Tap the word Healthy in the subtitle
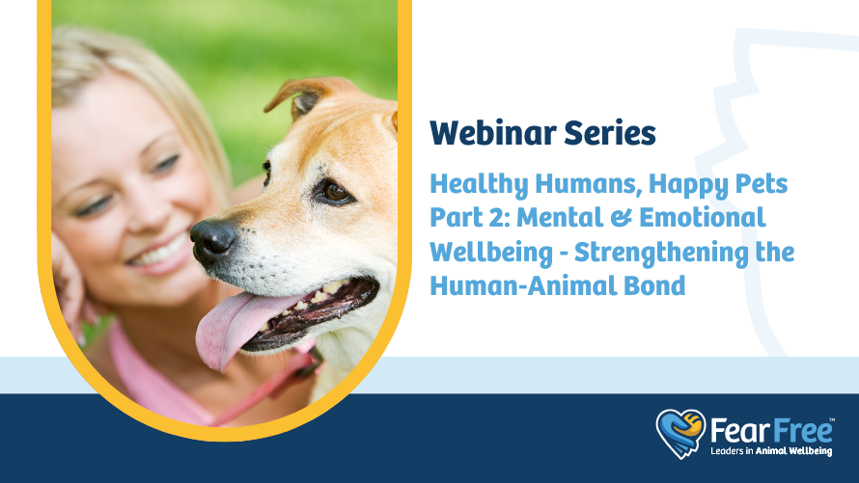coord(479,184)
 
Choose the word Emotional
coord(703,217)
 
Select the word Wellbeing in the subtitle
coord(491,253)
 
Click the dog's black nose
coord(212,241)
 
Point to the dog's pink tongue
coord(238,327)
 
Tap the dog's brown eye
coord(334,192)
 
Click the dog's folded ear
coord(307,94)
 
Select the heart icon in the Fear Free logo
coord(680,433)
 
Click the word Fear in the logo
coord(739,431)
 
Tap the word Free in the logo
coord(801,431)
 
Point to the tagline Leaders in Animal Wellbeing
coord(771,451)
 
